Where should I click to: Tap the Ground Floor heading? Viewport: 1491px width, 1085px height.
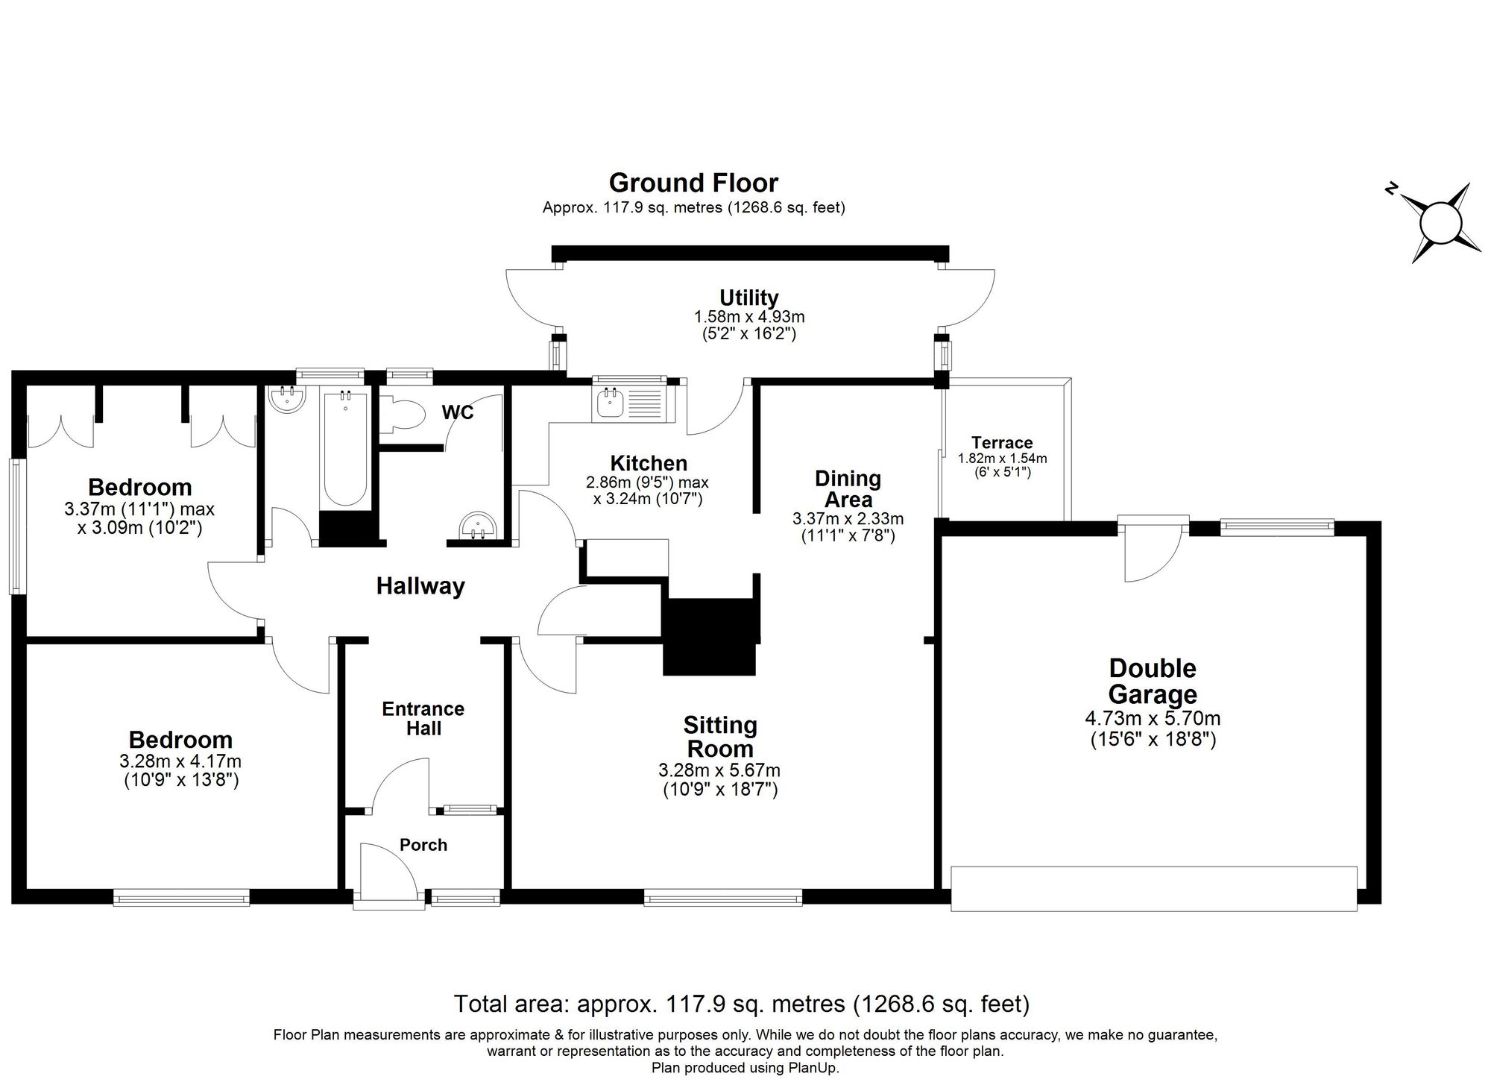(x=693, y=183)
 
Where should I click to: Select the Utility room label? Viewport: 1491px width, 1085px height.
(x=749, y=298)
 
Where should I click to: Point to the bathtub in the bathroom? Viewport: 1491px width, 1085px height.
(x=344, y=449)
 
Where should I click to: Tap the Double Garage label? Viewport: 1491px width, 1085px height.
(x=1153, y=681)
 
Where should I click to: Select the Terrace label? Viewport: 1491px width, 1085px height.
(x=1002, y=442)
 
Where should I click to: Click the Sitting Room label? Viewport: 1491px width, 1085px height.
(x=720, y=737)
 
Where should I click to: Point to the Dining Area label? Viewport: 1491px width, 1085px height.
(x=848, y=488)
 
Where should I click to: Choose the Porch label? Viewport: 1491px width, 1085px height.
(x=423, y=845)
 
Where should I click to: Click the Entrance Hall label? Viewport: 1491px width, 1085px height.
(x=423, y=718)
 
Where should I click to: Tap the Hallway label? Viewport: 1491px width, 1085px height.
(x=420, y=586)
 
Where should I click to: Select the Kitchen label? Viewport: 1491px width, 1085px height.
(x=649, y=463)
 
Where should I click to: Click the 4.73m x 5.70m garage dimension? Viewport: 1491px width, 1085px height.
(x=1153, y=719)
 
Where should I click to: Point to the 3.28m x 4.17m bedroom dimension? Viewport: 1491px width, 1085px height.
(x=180, y=761)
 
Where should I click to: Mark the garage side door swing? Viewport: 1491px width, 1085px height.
(x=1154, y=553)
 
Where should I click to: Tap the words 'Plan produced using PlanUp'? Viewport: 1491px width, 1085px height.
(x=745, y=1068)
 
